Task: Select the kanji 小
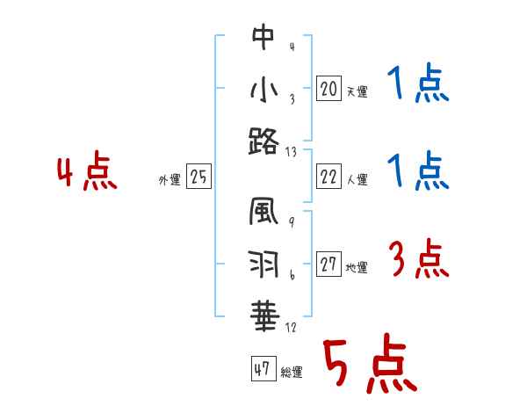(x=263, y=91)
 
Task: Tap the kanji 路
(x=263, y=141)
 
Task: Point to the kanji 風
(x=263, y=214)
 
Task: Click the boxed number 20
(x=328, y=88)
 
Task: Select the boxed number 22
(x=328, y=177)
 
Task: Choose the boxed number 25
(x=199, y=178)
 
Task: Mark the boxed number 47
(x=262, y=369)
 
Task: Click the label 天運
(x=357, y=91)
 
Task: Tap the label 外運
(x=170, y=181)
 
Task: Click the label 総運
(x=292, y=373)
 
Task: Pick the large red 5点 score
(x=368, y=366)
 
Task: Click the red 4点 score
(x=87, y=173)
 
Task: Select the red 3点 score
(x=418, y=260)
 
